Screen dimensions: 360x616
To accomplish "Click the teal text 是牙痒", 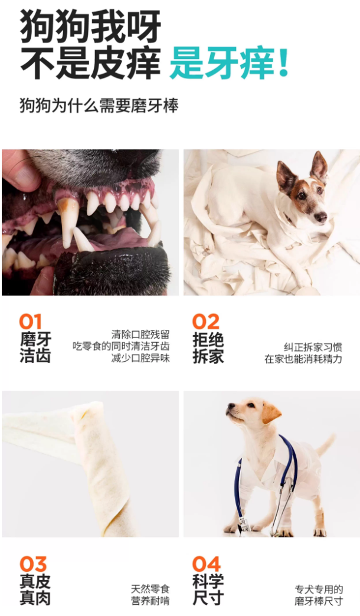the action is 222,63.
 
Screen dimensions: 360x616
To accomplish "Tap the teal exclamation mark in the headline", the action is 283,63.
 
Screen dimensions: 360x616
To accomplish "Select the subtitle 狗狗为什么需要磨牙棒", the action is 99,106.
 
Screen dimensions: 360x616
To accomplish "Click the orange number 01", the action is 30,322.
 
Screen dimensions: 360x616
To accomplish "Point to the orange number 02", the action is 205,322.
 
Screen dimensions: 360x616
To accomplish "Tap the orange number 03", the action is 33,564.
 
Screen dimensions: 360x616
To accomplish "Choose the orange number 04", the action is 207,564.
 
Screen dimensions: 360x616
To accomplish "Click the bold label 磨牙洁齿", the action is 35,348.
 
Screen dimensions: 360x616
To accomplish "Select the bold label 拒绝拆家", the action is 208,348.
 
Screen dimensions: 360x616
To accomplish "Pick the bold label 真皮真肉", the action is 35,590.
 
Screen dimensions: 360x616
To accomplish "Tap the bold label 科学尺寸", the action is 208,590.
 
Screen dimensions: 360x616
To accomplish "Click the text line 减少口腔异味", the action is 140,358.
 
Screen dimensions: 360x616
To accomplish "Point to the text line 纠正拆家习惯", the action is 313,347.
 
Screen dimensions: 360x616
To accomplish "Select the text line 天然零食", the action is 150,589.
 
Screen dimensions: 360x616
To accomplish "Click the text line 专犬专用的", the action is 319,589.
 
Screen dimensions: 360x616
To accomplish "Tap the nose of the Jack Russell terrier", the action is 321,217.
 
